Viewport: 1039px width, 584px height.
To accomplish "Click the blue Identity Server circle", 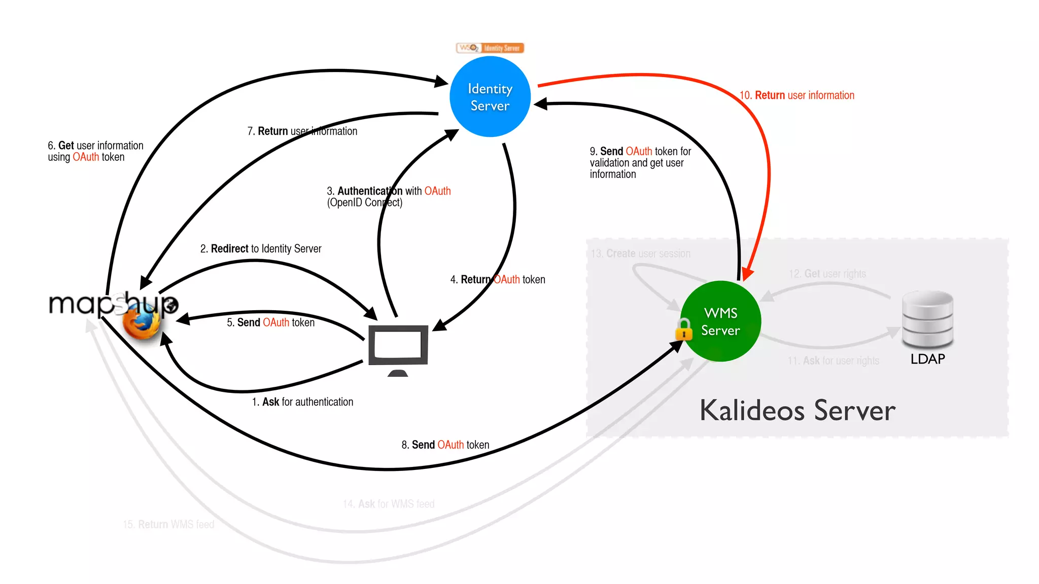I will [490, 97].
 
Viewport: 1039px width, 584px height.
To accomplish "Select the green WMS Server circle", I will [720, 321].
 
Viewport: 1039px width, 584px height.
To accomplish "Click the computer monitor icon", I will [398, 347].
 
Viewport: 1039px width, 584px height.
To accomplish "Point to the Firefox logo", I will [142, 322].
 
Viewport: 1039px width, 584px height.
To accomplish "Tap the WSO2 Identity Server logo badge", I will [490, 48].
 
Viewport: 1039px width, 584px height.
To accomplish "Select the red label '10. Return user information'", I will [796, 95].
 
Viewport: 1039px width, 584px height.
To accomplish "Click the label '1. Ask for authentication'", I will [302, 402].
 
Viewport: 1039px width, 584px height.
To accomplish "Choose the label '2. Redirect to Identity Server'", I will [261, 249].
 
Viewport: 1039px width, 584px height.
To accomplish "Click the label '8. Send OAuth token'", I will [445, 445].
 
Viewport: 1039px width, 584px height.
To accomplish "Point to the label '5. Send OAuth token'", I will [270, 322].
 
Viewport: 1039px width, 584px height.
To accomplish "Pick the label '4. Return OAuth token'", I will [498, 280].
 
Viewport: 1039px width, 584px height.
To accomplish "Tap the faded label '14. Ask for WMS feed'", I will [389, 504].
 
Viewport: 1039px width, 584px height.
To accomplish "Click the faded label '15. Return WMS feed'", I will [168, 524].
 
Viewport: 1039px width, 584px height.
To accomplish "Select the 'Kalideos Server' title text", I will [798, 411].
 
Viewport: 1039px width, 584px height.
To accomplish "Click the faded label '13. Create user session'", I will [640, 253].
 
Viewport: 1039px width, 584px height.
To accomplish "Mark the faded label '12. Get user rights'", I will [827, 274].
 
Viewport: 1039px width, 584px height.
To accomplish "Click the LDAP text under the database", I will [927, 359].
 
